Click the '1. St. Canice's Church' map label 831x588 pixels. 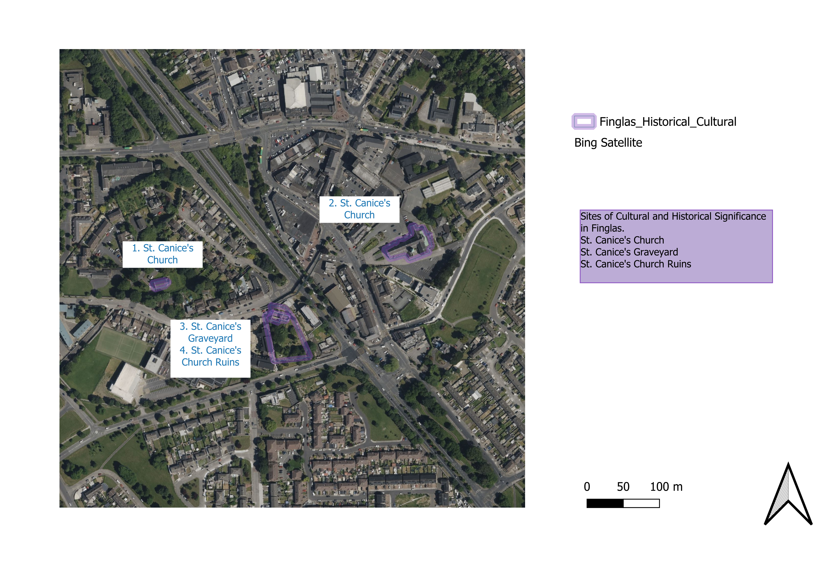coord(163,254)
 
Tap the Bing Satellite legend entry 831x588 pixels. coord(608,143)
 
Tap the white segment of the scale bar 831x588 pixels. coord(641,503)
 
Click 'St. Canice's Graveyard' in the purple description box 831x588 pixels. coord(629,252)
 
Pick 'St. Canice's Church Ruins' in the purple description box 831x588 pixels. coord(636,264)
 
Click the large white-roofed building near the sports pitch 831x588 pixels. coord(127,382)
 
